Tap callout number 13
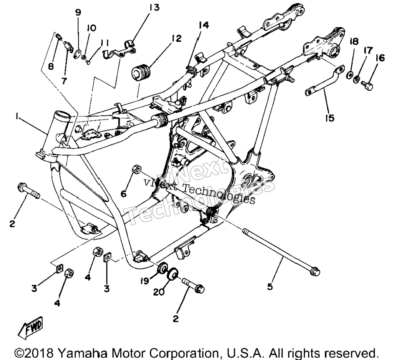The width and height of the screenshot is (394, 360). click(155, 8)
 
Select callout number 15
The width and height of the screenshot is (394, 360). click(330, 118)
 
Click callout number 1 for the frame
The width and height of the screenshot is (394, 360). click(17, 116)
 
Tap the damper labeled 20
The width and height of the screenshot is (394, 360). click(173, 274)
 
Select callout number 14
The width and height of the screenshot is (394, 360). click(204, 25)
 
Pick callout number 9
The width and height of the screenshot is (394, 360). click(78, 12)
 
